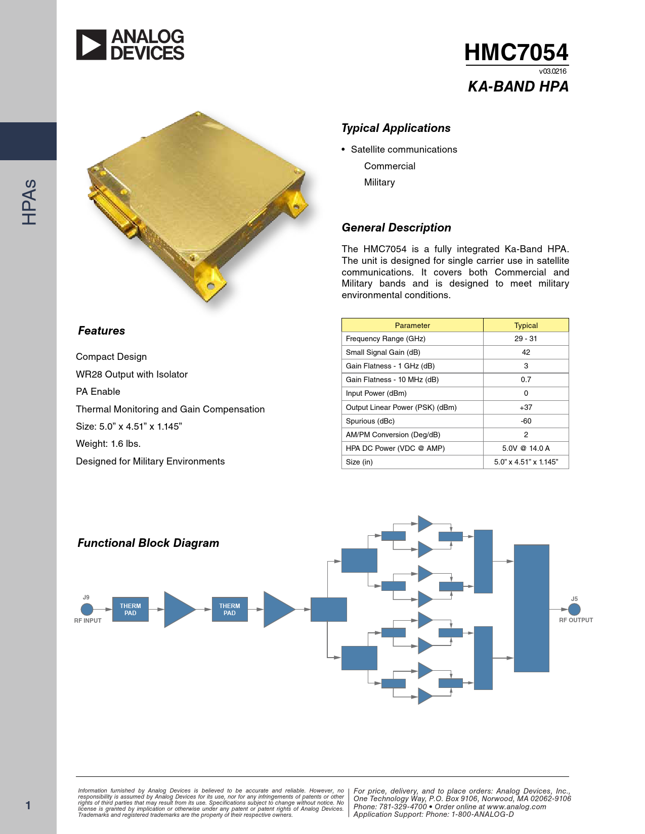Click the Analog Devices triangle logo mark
click(91, 44)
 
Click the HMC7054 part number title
click(516, 52)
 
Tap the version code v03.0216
click(552, 71)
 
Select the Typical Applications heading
click(396, 128)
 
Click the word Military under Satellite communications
click(379, 182)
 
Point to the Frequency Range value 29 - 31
click(526, 339)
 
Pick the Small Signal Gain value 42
click(526, 352)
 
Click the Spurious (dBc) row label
click(370, 421)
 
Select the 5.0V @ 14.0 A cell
click(526, 448)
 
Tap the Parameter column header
click(412, 325)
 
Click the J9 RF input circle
click(87, 609)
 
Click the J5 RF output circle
click(574, 609)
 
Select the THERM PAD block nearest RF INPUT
click(130, 609)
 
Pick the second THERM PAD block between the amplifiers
click(230, 609)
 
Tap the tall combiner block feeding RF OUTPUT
click(531, 609)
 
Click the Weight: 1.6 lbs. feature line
click(108, 444)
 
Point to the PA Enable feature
click(98, 392)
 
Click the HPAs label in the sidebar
click(29, 202)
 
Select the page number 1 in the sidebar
click(28, 805)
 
